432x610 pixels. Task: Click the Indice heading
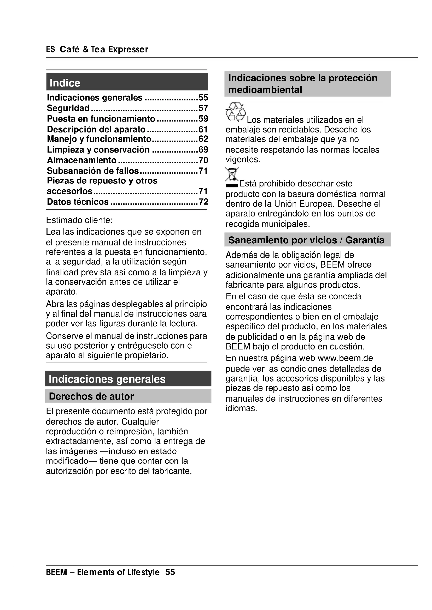tap(65, 83)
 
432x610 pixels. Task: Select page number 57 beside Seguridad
tap(203, 108)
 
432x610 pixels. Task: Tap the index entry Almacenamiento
tap(82, 160)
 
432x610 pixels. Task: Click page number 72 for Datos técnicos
tap(203, 202)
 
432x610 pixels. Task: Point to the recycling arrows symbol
tap(235, 112)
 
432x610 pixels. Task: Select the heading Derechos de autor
tap(91, 396)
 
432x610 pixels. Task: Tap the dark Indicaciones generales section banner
tap(107, 379)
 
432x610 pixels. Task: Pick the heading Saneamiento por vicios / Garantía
tap(306, 240)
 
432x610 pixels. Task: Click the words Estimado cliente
tap(79, 220)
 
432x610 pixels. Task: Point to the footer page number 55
tap(170, 572)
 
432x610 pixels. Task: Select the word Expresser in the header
tap(128, 49)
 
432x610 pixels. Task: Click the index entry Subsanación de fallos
tap(93, 171)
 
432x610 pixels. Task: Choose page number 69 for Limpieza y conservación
tap(203, 150)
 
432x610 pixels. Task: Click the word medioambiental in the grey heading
tap(265, 90)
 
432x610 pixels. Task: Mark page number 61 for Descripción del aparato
tap(203, 129)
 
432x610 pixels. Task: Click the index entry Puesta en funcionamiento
tap(101, 118)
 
